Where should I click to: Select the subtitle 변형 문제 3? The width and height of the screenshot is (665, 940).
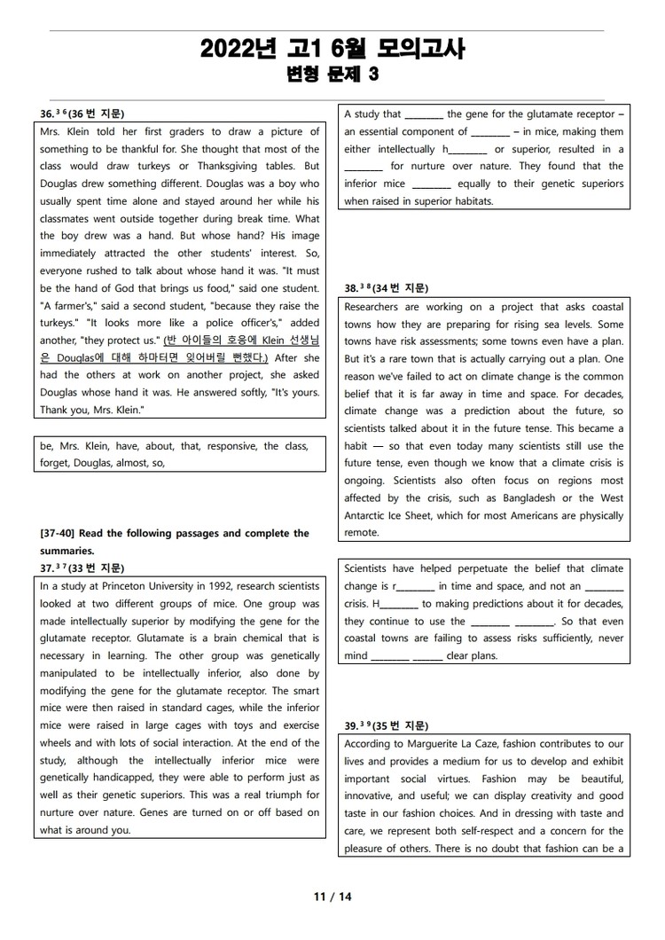(332, 75)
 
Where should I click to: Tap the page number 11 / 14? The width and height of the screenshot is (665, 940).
(332, 897)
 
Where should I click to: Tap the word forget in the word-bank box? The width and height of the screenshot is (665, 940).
(55, 462)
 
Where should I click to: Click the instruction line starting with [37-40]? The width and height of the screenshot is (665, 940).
(175, 533)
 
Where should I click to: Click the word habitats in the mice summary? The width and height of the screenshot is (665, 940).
(469, 200)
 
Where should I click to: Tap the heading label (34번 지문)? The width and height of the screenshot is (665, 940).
(400, 288)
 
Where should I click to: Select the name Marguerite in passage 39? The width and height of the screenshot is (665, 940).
(440, 743)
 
